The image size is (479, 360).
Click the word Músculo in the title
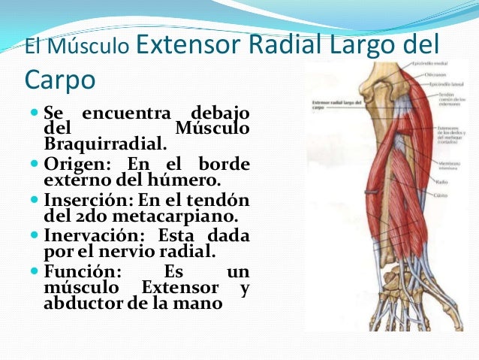(x=88, y=48)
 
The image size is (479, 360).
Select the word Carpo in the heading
(x=60, y=79)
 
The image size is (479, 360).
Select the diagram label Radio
(x=445, y=181)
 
